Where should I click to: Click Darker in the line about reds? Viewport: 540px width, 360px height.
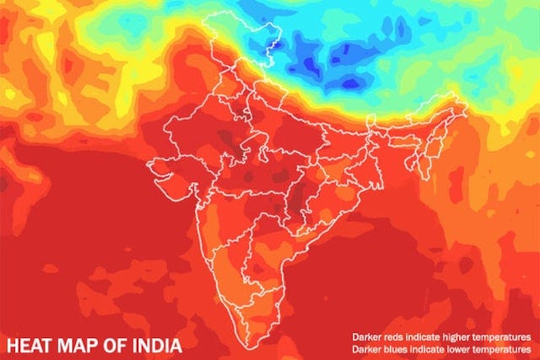click(365, 336)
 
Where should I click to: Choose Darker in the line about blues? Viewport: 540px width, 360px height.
click(365, 347)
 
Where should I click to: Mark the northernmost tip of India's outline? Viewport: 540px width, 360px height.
click(234, 14)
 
